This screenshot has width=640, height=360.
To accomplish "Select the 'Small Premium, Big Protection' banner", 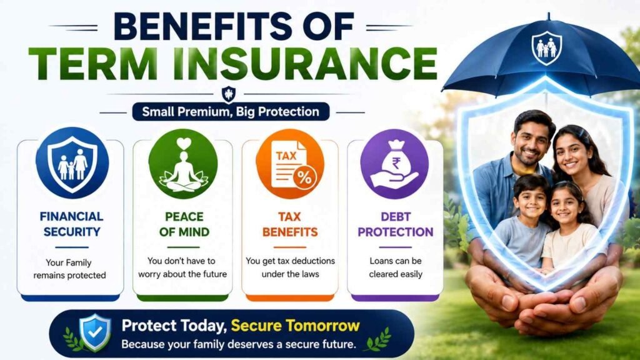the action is pyautogui.click(x=231, y=112).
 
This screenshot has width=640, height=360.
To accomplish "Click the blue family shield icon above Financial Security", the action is pyautogui.click(x=72, y=163).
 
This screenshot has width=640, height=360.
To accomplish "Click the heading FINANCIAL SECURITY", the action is pyautogui.click(x=72, y=224).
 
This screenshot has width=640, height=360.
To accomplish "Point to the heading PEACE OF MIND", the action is pyautogui.click(x=184, y=224).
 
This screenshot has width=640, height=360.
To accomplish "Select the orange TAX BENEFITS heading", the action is pyautogui.click(x=290, y=224).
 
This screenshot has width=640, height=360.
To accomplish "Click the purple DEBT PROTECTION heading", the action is pyautogui.click(x=396, y=224).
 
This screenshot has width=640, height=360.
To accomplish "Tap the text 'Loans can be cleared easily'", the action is pyautogui.click(x=396, y=267).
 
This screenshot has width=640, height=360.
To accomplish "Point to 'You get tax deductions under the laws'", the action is pyautogui.click(x=290, y=267).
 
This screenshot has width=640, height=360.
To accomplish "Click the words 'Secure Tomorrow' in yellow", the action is pyautogui.click(x=296, y=326).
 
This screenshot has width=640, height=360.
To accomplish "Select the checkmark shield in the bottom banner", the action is pyautogui.click(x=95, y=332).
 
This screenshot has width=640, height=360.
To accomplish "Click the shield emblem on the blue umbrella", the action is pyautogui.click(x=546, y=48).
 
